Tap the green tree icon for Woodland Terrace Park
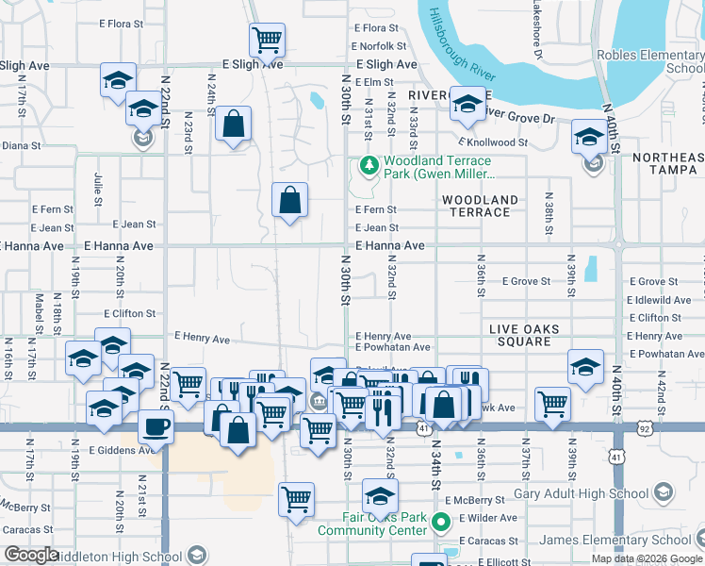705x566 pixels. click(367, 167)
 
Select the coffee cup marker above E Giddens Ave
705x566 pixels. click(156, 425)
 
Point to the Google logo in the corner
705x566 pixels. click(30, 555)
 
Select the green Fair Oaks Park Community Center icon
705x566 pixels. click(440, 521)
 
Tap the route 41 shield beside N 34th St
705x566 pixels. click(425, 428)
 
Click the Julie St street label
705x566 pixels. click(98, 189)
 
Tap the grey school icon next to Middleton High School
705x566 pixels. click(197, 555)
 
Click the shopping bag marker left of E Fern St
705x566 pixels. click(289, 200)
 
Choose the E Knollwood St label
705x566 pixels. click(519, 141)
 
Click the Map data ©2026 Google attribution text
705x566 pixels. click(647, 558)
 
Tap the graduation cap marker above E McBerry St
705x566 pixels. click(380, 495)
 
